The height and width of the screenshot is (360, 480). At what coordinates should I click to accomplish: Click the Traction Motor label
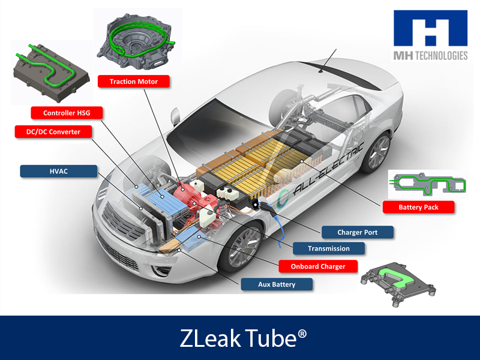pos(133,82)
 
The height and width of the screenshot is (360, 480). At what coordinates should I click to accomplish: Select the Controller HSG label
pos(67,113)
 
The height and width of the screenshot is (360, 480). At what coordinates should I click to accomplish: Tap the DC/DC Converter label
pos(53,132)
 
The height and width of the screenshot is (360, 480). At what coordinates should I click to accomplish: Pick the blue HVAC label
pos(58,171)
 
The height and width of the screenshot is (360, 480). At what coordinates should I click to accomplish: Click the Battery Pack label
pos(418,207)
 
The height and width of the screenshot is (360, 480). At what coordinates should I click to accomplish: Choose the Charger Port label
pos(357,232)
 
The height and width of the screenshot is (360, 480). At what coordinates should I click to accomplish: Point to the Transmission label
pos(329,248)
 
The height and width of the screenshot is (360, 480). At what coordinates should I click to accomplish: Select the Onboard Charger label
pos(318,266)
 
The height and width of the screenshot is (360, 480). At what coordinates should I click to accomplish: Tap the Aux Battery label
pos(277,284)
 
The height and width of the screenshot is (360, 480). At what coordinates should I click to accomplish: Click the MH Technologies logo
pos(430,35)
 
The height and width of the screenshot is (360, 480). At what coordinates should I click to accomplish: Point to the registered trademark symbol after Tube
pos(302,334)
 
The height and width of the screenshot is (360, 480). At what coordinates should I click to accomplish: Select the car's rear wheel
pos(377,152)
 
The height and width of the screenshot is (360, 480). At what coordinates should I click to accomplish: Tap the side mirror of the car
pos(175,116)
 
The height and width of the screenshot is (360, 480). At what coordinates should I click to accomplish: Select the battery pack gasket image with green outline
pos(428,184)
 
